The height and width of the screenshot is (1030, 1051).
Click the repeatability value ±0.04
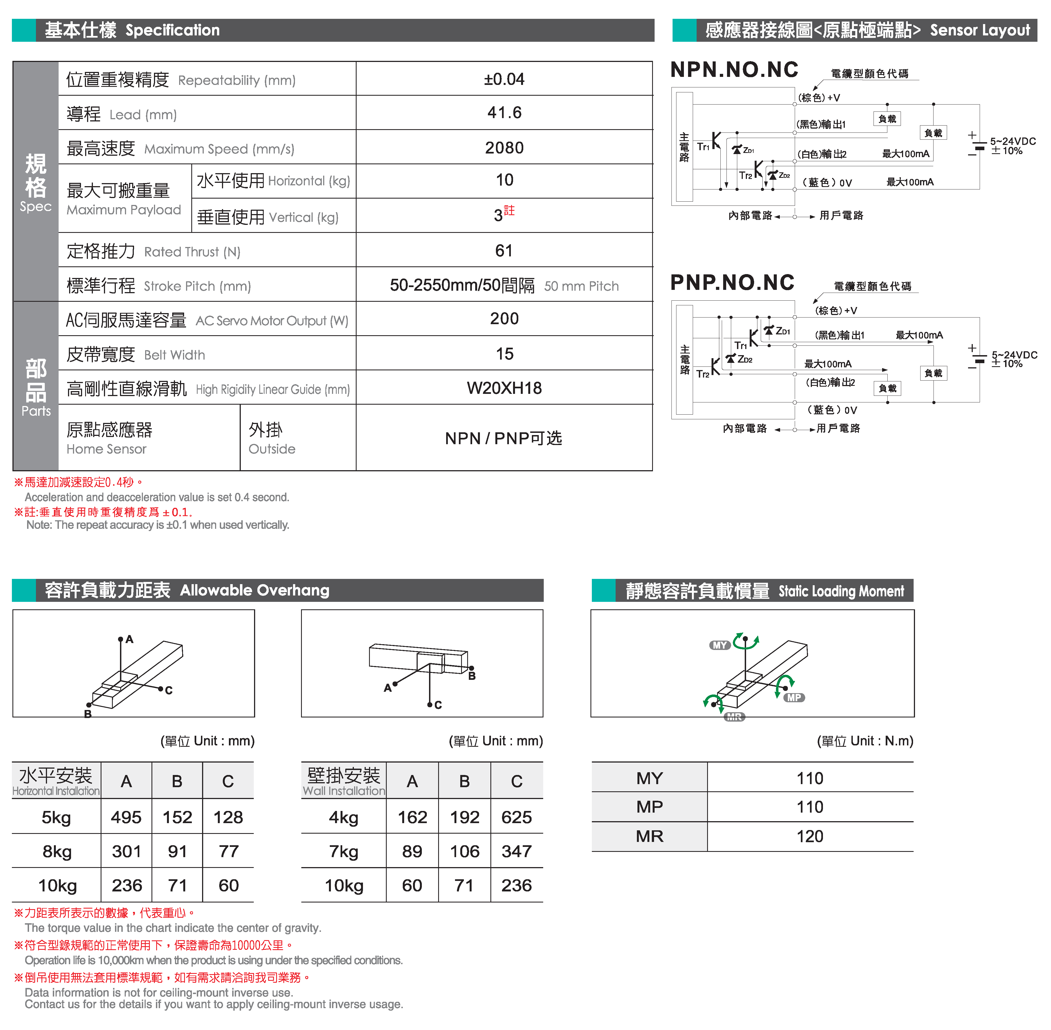pyautogui.click(x=504, y=80)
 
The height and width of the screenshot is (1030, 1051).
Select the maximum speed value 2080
pyautogui.click(x=504, y=148)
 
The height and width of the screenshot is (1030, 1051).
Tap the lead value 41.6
pyautogui.click(x=504, y=113)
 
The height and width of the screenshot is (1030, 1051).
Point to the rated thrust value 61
pyautogui.click(x=504, y=251)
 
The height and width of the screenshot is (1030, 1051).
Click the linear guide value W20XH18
pyautogui.click(x=504, y=388)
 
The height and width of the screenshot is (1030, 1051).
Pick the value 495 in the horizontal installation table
pyautogui.click(x=126, y=817)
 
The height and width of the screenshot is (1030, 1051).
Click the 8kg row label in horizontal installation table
pyautogui.click(x=57, y=852)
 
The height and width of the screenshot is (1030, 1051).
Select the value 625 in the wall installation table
pyautogui.click(x=516, y=817)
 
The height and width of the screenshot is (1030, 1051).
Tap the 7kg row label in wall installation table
pyautogui.click(x=344, y=852)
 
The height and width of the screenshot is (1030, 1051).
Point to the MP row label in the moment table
pyautogui.click(x=649, y=807)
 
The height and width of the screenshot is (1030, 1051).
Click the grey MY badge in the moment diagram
pyautogui.click(x=720, y=645)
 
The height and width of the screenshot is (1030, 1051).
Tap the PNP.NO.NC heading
pyautogui.click(x=732, y=282)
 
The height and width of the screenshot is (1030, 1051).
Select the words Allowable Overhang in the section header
pyautogui.click(x=255, y=590)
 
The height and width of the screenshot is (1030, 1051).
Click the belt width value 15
pyautogui.click(x=504, y=354)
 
